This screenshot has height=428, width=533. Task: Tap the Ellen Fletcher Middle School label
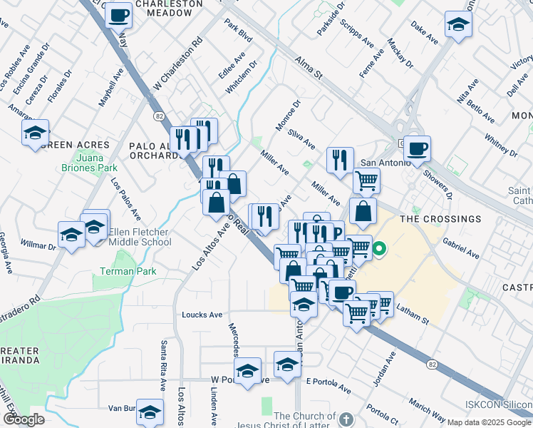coord(140,237)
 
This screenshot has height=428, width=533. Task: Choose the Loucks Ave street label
coord(202,314)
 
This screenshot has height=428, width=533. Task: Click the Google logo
coord(24,419)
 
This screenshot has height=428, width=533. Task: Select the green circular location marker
coord(379,250)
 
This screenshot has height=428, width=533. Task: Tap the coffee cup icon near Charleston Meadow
coord(119,15)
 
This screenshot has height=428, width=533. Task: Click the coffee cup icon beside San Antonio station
coord(418,148)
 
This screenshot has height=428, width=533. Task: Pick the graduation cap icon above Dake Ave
coord(458,24)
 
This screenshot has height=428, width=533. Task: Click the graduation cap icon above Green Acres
coord(35,133)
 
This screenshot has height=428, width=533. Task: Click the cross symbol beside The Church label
coord(346,419)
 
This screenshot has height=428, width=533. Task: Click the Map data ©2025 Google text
coord(488,422)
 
